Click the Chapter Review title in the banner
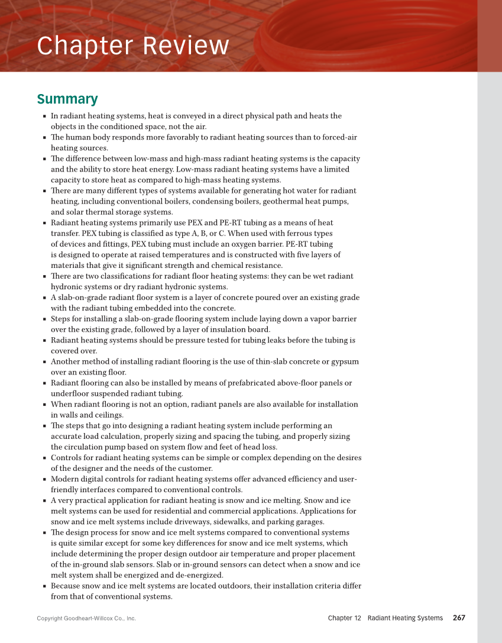(132, 46)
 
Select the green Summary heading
(67, 99)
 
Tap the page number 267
(459, 618)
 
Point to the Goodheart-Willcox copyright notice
(86, 619)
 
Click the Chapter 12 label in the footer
(344, 618)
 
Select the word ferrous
(321, 234)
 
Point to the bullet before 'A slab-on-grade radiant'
(45, 298)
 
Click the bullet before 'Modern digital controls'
(45, 479)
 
